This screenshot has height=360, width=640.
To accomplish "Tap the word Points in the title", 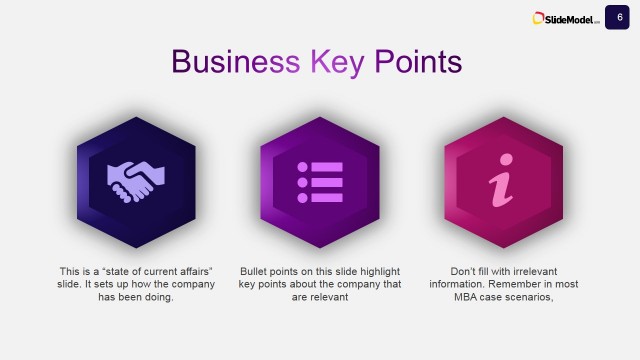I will pos(418,61).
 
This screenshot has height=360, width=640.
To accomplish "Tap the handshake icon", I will pos(136,180).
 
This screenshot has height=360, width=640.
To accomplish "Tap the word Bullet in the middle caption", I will pos(256,271).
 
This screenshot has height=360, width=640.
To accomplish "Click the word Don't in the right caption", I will pos(465,271).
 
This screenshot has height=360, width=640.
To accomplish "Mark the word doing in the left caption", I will pos(160,297).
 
